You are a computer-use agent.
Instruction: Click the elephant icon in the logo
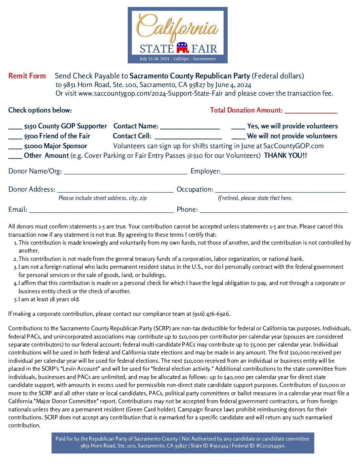[182, 48]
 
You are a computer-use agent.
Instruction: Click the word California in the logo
[177, 26]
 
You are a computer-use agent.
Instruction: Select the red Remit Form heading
[27, 76]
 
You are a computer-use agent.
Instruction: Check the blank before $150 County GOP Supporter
[15, 127]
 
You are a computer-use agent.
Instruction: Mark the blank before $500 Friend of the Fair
[15, 137]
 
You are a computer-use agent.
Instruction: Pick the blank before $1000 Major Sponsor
[15, 147]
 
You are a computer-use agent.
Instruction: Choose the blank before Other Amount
[15, 156]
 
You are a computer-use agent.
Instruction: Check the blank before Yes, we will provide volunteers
[238, 127]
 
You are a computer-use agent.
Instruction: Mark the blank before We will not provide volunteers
[238, 137]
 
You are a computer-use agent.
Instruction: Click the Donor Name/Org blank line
[125, 172]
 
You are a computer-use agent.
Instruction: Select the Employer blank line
[283, 172]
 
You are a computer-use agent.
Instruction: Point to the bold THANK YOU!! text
[285, 156]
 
